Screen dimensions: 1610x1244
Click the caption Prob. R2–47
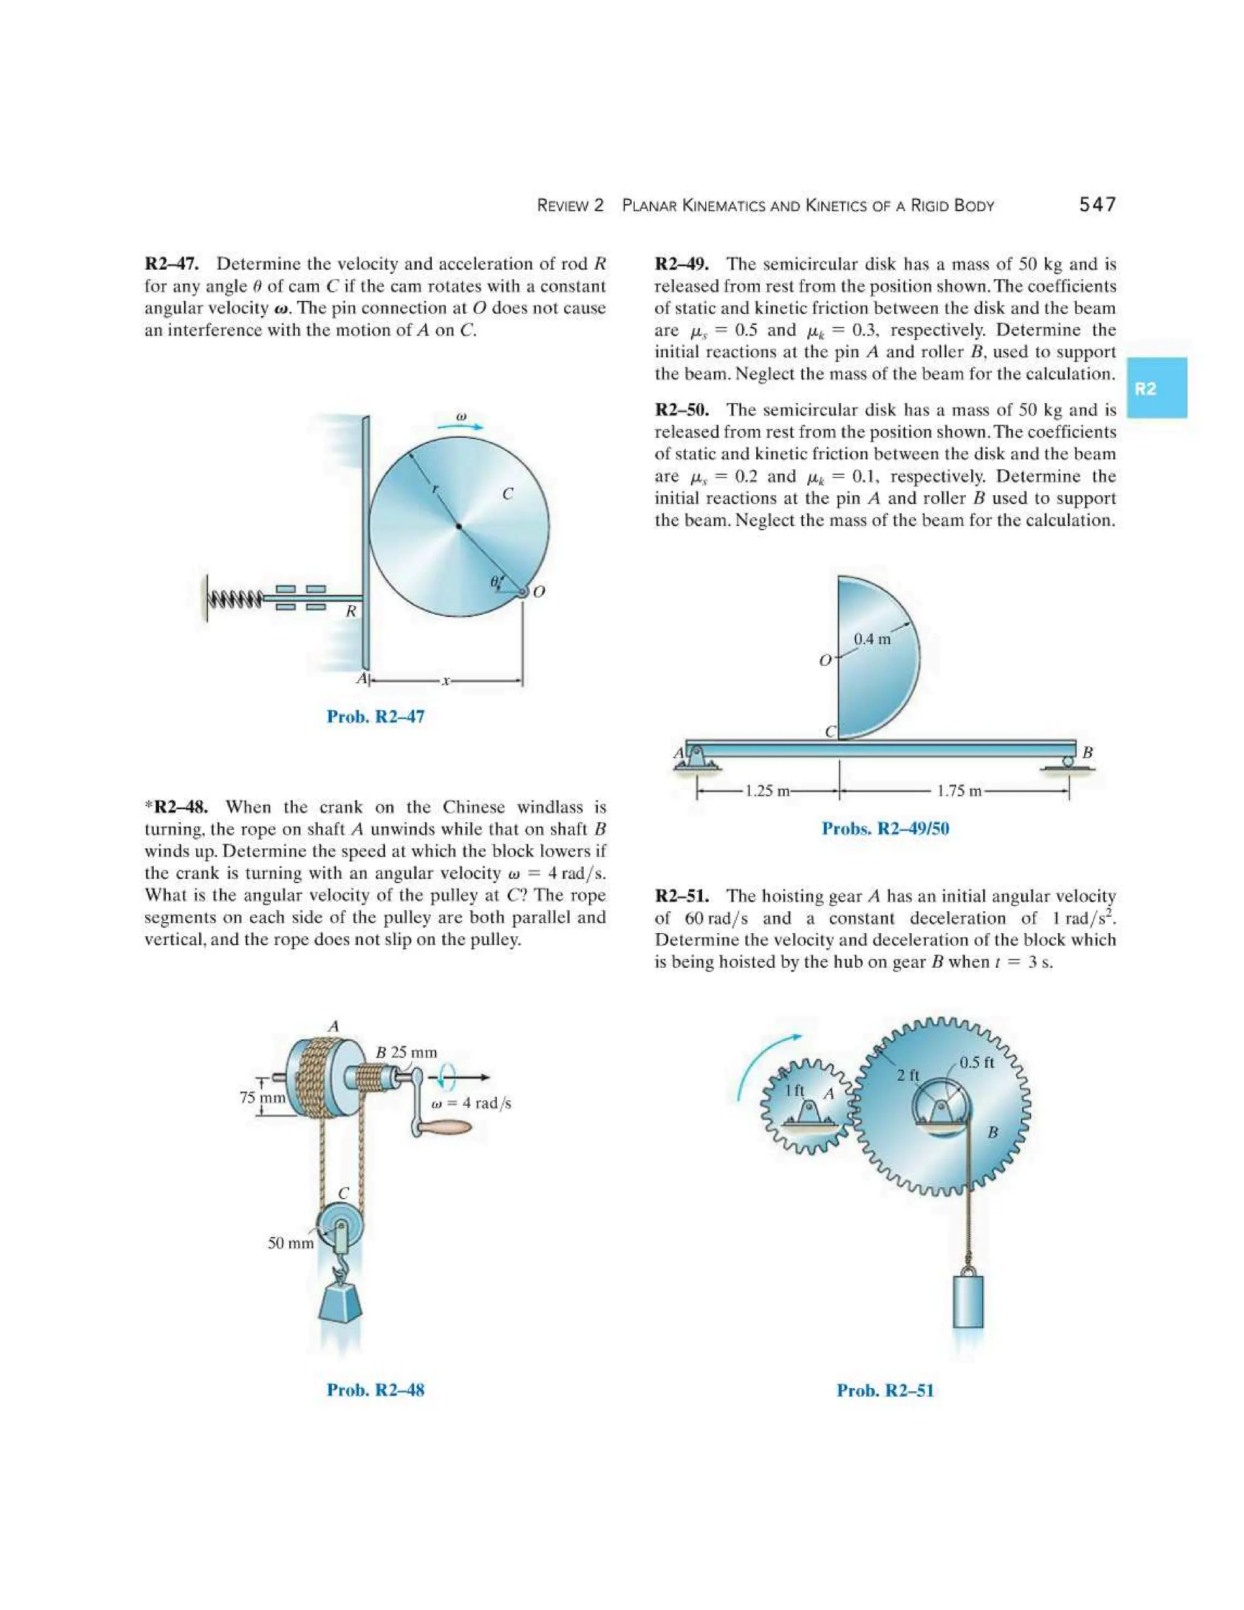coord(375,716)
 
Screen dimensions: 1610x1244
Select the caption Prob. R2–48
coord(375,1389)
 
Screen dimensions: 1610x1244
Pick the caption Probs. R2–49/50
coord(885,829)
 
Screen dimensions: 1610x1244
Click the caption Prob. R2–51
coord(884,1390)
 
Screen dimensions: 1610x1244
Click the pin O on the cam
coord(522,592)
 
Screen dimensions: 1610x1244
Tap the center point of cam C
coord(459,526)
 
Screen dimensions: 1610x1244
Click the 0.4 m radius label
coord(872,639)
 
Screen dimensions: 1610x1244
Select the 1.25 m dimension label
coord(767,792)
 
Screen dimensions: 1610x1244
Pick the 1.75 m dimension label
coord(959,792)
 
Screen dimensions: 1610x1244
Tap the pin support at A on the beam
coord(694,756)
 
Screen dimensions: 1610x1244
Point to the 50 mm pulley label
coord(290,1244)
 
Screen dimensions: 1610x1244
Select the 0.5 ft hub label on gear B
coord(977,1062)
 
